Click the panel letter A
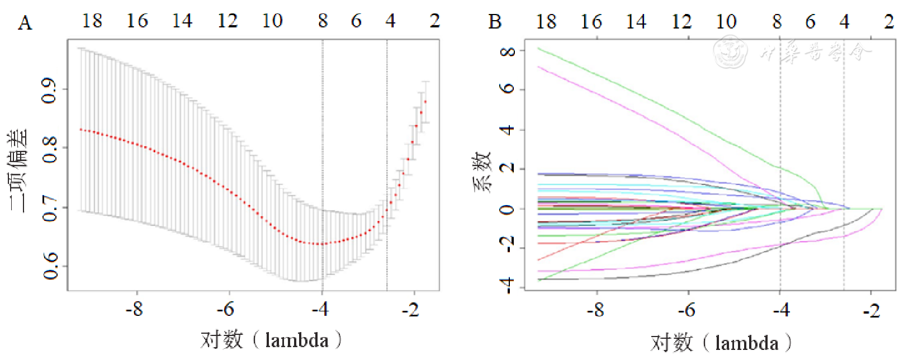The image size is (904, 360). pos(25,23)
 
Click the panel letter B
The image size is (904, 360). pos(495,22)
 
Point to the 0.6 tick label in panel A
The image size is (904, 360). pos(50,266)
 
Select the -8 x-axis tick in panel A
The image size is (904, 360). pos(134,309)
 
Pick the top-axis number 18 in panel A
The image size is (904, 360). pos(92,21)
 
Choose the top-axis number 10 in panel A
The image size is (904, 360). pos(272,21)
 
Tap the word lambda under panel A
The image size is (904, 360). pos(296,340)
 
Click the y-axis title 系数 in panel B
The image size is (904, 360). pos(482,170)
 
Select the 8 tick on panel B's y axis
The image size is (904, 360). pos(508,51)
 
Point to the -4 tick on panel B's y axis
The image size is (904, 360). pos(508,286)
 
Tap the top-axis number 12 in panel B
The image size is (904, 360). pos(681,22)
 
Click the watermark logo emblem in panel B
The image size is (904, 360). pos(731,51)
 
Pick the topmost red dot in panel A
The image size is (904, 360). pos(425,102)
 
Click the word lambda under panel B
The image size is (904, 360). pos(747,342)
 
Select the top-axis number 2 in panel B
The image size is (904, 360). pos(889,22)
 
